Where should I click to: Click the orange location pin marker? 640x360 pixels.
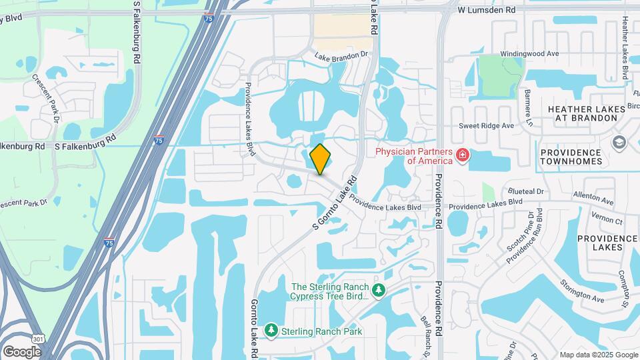point(321,159)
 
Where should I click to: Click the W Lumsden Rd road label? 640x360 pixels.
point(487,11)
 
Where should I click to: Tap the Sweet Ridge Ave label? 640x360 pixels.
point(486,125)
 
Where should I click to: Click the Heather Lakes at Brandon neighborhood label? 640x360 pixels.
point(582,113)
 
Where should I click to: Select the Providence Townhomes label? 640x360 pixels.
point(571,157)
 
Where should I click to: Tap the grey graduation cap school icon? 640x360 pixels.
point(619,143)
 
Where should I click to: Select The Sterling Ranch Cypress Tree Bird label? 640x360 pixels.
point(330,291)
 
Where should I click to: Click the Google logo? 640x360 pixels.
point(22,351)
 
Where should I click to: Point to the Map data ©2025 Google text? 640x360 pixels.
point(598,355)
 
